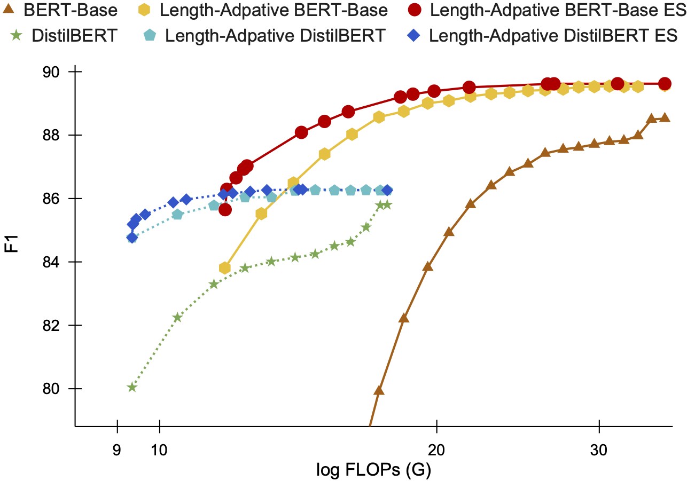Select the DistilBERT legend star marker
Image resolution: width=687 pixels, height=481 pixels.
click(x=16, y=36)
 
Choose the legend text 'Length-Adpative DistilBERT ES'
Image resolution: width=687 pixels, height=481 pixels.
click(x=553, y=36)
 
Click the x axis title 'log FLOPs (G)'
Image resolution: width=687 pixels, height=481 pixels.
click(x=373, y=470)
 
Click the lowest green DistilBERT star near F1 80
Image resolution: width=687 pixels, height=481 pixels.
click(x=132, y=388)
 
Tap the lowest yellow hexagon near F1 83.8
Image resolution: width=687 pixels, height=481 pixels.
click(x=225, y=267)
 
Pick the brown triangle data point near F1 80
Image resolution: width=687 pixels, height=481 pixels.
click(x=379, y=390)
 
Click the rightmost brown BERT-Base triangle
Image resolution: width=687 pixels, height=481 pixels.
click(x=665, y=117)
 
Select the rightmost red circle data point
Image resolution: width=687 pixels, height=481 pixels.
click(x=665, y=83)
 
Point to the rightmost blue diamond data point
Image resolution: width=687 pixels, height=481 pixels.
click(x=387, y=190)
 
